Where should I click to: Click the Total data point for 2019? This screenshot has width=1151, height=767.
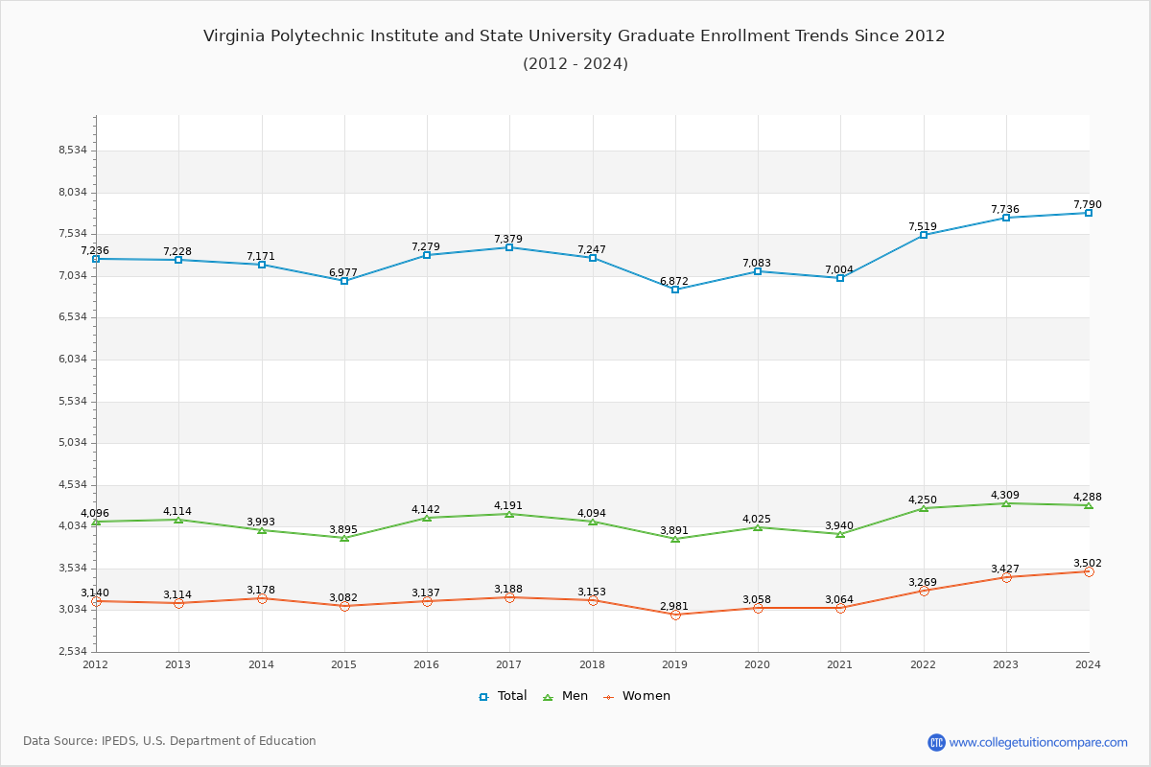click(x=675, y=290)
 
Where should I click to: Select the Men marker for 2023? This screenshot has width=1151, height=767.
click(x=1006, y=503)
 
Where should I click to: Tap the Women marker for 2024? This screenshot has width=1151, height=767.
click(x=1089, y=571)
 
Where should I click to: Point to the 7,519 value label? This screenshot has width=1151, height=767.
click(x=923, y=227)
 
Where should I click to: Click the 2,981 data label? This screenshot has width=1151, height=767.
click(x=674, y=607)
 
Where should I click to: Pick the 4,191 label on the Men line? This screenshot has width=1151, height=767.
click(x=508, y=506)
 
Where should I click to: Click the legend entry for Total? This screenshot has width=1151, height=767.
click(x=503, y=696)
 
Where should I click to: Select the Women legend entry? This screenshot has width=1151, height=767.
click(x=636, y=696)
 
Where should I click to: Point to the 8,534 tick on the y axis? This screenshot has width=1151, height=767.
click(x=73, y=151)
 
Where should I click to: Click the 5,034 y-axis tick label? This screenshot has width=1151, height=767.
click(x=73, y=443)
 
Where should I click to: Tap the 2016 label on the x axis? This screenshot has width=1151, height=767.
click(x=426, y=664)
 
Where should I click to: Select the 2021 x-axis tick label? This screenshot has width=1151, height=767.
click(x=840, y=664)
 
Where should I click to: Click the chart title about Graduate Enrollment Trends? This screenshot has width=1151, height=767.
click(x=575, y=36)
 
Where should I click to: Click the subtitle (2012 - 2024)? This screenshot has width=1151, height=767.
click(x=575, y=64)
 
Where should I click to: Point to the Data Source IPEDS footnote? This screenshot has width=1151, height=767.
click(x=170, y=741)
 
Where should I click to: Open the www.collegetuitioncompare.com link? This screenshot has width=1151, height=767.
click(x=1039, y=742)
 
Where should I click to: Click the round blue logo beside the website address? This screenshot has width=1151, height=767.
click(x=936, y=742)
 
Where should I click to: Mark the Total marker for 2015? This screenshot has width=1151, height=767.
click(x=344, y=281)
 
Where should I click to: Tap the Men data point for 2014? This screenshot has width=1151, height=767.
click(x=262, y=530)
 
